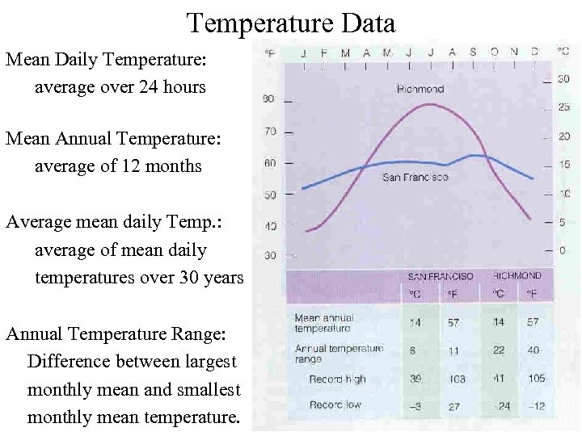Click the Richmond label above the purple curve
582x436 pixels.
(x=420, y=89)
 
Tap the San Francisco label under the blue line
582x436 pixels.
(x=415, y=177)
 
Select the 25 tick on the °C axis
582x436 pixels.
(x=563, y=107)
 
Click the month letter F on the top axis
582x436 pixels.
(x=323, y=53)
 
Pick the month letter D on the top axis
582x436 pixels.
(x=535, y=53)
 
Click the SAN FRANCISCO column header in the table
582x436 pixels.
(x=440, y=276)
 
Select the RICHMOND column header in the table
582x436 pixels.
(x=517, y=276)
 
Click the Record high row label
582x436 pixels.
(x=337, y=379)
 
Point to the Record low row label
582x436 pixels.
(x=335, y=405)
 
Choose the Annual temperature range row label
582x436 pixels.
(x=339, y=354)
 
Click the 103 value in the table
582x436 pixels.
(x=458, y=379)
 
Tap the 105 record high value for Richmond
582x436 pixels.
(x=534, y=379)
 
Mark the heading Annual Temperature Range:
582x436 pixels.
(x=116, y=333)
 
